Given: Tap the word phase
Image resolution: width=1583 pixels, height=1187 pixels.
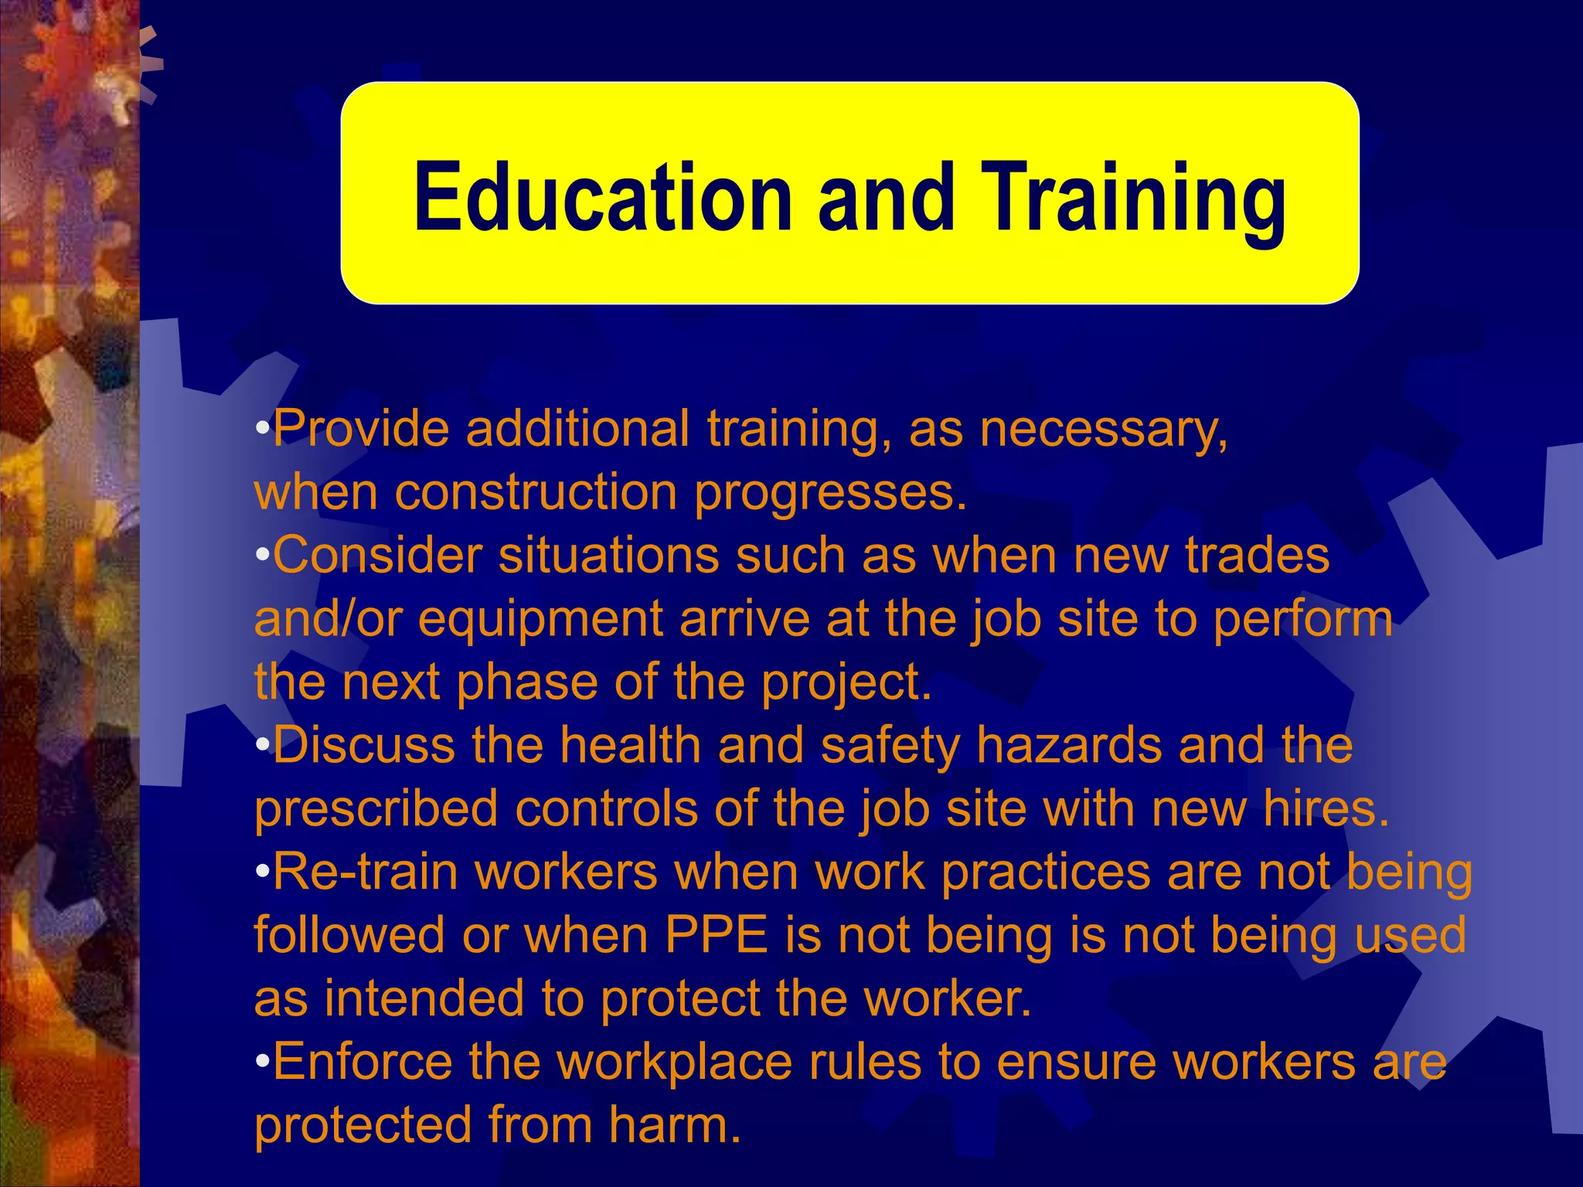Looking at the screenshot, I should [x=526, y=682].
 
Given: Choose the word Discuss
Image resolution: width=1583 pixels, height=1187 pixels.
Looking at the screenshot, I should [x=363, y=746].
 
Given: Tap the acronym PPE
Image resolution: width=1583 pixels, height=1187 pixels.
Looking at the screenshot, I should [x=717, y=936].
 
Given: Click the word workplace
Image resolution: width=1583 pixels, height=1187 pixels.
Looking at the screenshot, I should [x=675, y=1063].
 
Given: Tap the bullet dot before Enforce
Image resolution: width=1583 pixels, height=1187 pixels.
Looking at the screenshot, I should [x=263, y=1061].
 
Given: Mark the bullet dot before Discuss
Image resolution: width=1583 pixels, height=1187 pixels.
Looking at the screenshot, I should [x=263, y=744].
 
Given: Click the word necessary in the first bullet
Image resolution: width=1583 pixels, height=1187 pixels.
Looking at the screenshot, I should [x=1103, y=430].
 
